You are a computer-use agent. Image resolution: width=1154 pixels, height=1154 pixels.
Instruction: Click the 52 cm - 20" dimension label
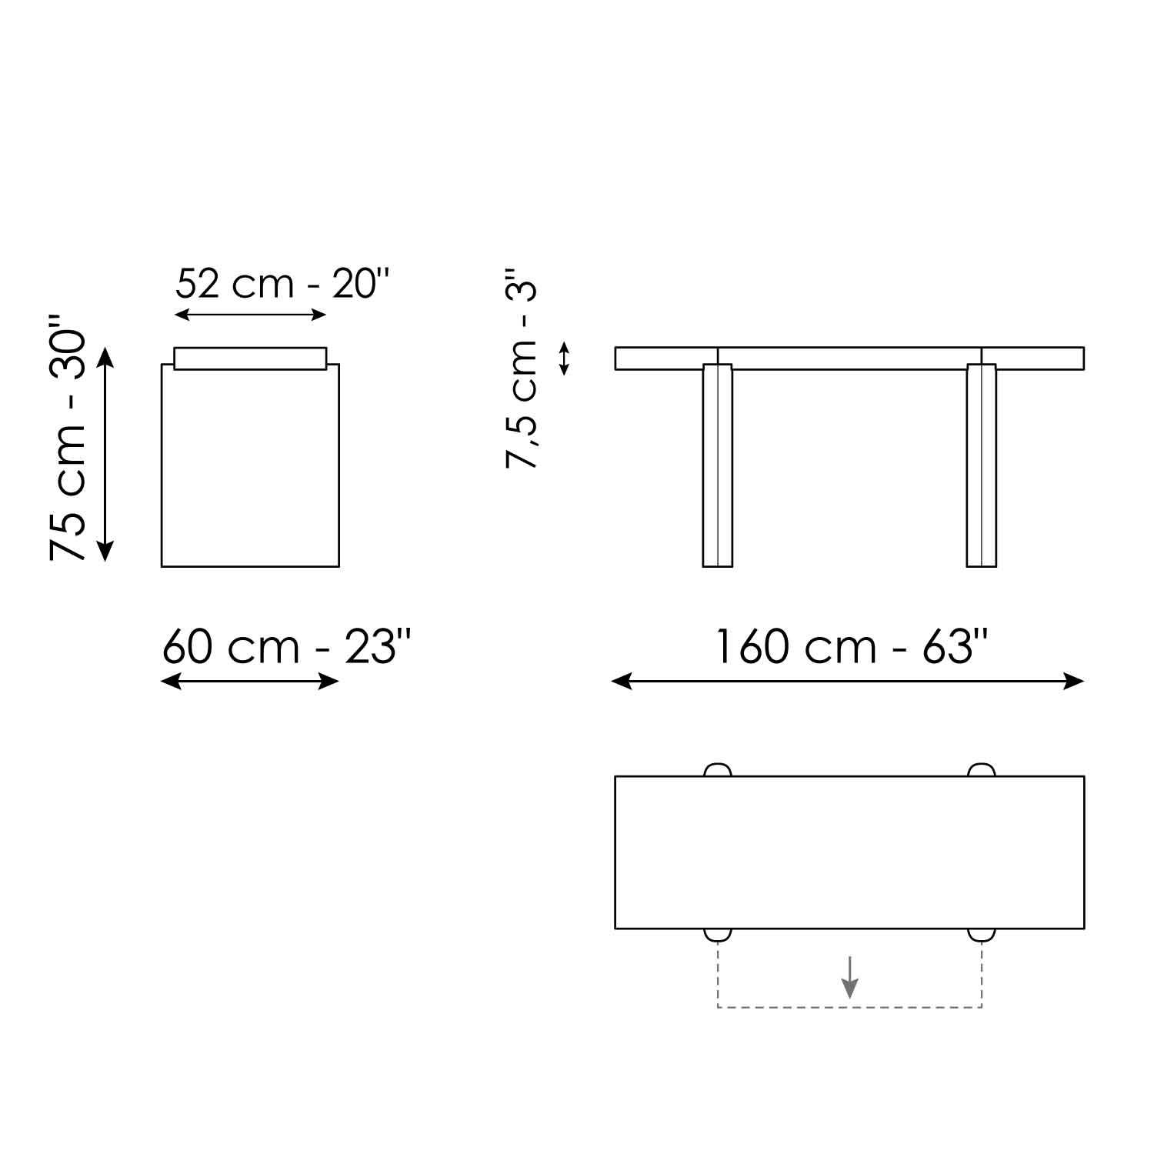point(282,284)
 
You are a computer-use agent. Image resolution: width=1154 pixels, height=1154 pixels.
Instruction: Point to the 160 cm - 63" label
point(851,646)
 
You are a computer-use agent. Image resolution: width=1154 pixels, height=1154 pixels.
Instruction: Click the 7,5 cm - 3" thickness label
point(521,369)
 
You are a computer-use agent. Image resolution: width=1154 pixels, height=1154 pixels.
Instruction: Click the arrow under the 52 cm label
point(251,314)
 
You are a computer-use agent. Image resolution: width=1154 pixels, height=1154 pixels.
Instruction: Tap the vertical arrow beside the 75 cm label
point(105,454)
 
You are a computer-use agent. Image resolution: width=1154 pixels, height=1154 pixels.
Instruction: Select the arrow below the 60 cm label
point(250,681)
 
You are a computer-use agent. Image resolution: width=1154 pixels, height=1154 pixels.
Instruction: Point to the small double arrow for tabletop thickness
point(564,359)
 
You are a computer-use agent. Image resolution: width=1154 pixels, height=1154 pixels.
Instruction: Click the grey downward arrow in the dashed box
point(849,976)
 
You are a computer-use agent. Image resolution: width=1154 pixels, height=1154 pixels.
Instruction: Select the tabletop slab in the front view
point(849,359)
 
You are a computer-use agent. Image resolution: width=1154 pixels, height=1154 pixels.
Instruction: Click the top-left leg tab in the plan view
point(717,770)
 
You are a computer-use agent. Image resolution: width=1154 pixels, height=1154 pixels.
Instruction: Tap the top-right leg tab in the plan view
point(981,770)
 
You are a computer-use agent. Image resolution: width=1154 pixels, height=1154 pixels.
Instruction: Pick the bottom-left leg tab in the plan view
point(717,935)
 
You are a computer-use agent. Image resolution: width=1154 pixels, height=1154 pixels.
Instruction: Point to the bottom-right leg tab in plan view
point(981,935)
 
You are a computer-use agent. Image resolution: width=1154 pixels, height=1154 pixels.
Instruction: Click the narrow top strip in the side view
point(250,359)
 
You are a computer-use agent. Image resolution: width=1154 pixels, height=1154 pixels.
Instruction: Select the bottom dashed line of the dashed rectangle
point(849,1007)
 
